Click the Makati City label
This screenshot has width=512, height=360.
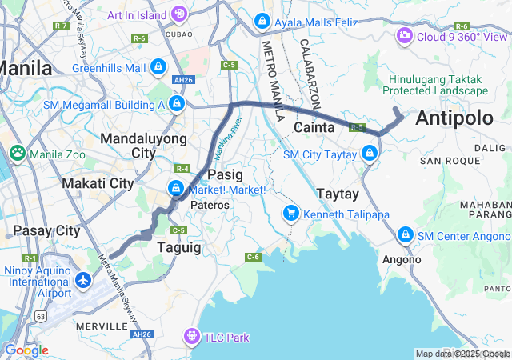click(98, 183)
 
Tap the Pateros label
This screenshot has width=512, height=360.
click(210, 205)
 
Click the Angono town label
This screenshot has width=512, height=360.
click(402, 259)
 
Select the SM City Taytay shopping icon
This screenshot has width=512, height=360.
click(369, 153)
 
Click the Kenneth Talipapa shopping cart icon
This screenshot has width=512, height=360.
click(290, 213)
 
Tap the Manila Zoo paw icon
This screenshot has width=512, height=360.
click(17, 151)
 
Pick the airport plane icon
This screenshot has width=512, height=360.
click(84, 280)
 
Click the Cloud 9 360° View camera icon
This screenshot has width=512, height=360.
click(405, 36)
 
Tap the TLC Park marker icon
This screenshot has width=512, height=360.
click(192, 337)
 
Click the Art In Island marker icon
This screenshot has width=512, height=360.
click(179, 14)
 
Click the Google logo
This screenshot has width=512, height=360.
click(26, 350)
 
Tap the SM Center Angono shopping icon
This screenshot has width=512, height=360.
click(406, 235)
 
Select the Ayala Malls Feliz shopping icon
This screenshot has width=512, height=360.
click(262, 22)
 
